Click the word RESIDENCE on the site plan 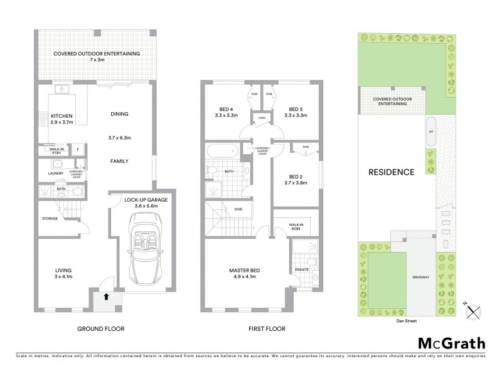click(391, 172)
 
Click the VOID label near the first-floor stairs click(238, 209)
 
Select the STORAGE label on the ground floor click(50, 218)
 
